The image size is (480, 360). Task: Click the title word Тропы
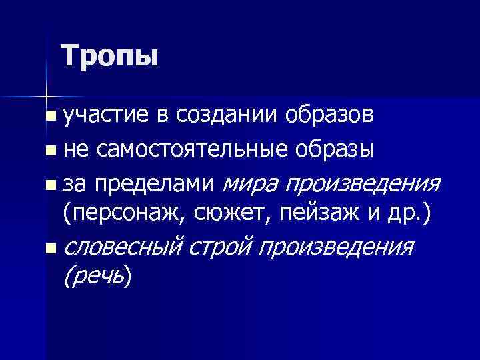pyautogui.click(x=109, y=55)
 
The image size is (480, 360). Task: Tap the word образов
pyautogui.click(x=329, y=116)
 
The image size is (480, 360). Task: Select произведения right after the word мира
pyautogui.click(x=363, y=182)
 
